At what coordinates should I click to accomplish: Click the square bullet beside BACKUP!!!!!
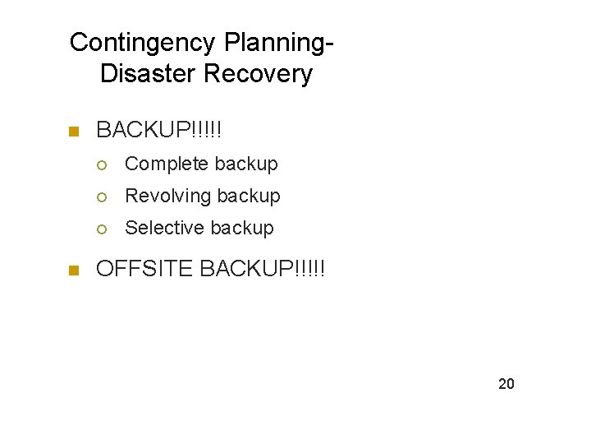[73, 131]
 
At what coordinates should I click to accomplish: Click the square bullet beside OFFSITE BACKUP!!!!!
[73, 269]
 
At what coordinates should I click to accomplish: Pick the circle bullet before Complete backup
[101, 164]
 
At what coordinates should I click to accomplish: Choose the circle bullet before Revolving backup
[101, 197]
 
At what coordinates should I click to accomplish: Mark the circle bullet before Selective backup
[101, 229]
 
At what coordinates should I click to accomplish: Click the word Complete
[167, 164]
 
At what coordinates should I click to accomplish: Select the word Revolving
[168, 196]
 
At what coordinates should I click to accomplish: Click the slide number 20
[506, 383]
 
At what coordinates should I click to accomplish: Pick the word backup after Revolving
[248, 196]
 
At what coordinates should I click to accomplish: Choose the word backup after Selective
[241, 228]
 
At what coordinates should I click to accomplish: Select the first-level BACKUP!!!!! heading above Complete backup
[159, 130]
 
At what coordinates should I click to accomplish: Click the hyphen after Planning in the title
[331, 44]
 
